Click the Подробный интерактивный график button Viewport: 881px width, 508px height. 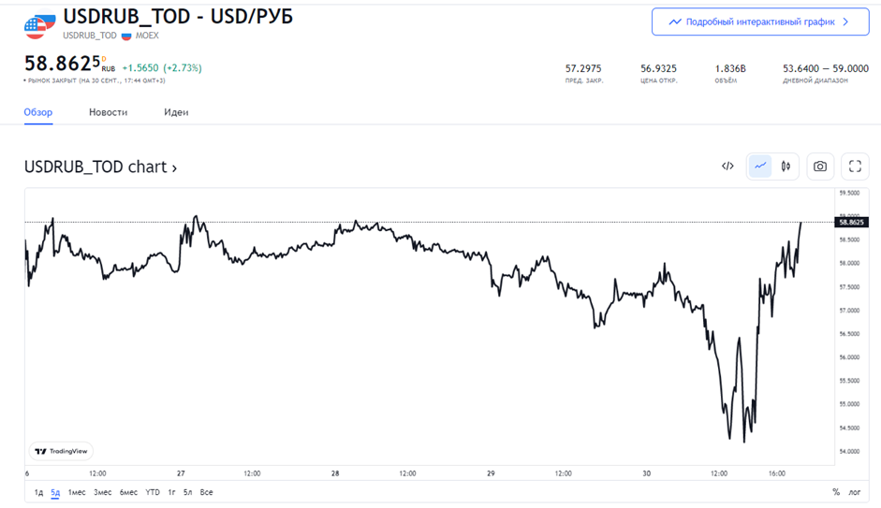coord(759,22)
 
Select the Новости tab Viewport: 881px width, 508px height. coord(108,112)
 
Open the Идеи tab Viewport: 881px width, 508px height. coord(176,112)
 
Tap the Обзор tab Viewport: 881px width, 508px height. coord(38,112)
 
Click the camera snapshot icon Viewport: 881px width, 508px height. coord(820,167)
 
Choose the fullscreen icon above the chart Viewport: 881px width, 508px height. coord(855,167)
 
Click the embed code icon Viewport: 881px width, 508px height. coord(727,167)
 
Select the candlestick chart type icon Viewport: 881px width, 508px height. coord(786,167)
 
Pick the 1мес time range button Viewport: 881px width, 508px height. coord(77,492)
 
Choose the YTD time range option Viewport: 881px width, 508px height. coord(153,492)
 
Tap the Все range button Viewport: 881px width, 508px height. coord(206,492)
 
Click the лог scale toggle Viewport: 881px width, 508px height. coord(855,492)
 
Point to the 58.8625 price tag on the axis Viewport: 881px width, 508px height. coord(852,222)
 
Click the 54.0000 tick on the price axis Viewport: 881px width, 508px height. coord(851,452)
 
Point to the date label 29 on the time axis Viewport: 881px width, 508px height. coord(491,473)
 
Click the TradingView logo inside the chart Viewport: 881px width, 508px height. coord(62,451)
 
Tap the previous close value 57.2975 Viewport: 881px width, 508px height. coord(583,68)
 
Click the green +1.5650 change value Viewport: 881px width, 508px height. coord(140,68)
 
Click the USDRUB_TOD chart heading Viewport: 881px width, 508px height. coord(100,167)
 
